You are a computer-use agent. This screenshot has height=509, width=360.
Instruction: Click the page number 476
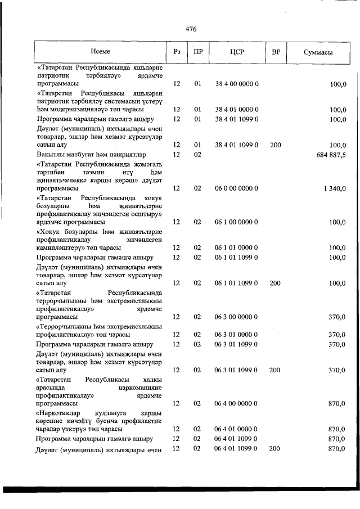point(190,29)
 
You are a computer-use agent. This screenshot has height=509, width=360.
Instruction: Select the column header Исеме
point(100,52)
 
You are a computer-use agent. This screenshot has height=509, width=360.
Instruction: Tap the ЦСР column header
point(236,52)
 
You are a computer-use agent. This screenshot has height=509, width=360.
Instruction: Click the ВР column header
point(276,52)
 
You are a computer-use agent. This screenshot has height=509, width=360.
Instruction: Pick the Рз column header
point(177,52)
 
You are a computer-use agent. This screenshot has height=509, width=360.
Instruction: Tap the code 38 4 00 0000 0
point(236,84)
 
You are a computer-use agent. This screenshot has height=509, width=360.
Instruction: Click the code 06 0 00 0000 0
point(236,189)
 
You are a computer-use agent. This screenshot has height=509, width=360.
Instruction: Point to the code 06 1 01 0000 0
point(236,247)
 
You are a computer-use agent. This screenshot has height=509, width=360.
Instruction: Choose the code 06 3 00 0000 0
point(236,317)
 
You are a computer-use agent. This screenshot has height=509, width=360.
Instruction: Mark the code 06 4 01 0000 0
point(236,429)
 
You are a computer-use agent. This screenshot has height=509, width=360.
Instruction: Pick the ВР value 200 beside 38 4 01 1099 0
point(275,145)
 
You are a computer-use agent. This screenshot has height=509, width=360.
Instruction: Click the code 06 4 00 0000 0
point(236,403)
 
